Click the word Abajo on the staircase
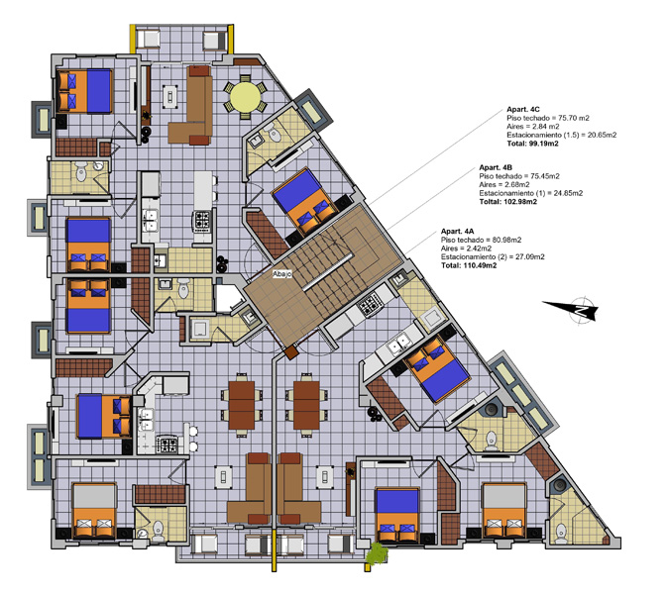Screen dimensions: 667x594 pos(282,274)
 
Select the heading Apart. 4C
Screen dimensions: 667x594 pos(523,110)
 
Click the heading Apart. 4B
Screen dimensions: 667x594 pos(496,168)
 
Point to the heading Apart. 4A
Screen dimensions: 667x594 pos(457,231)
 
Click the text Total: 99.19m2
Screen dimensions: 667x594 pos(532,144)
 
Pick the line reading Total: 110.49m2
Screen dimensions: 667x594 pos(469,265)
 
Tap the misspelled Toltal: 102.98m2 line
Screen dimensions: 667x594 pos(507,202)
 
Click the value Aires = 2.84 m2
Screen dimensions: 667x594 pos(533,127)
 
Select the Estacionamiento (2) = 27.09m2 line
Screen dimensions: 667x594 pos(493,257)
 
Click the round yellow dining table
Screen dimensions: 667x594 pos(245,97)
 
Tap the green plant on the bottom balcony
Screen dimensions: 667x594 pos(377,553)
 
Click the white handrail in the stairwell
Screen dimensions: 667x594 pos(327,272)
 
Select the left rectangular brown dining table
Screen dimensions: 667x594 pos(242,405)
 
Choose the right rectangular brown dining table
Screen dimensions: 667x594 pos(306,405)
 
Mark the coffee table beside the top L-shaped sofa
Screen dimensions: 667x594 pos(170,96)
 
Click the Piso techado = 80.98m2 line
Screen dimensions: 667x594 pos(481,240)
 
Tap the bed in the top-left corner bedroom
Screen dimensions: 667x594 pos(84,91)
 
